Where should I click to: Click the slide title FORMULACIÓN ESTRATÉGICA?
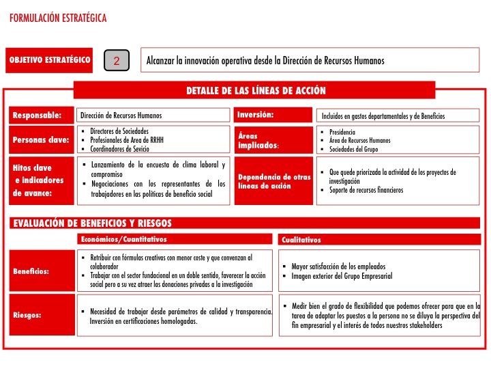pos(59,18)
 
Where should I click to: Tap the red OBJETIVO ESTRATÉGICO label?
pos(50,60)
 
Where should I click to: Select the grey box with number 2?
pos(117,61)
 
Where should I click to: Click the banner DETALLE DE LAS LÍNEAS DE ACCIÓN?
pos(256,90)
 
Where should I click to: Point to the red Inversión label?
pos(256,115)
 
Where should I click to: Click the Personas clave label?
pos(41,140)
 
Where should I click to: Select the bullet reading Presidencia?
pos(342,132)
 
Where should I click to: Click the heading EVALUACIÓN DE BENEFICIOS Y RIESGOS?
pos(92,223)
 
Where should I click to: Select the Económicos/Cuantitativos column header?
pos(123,239)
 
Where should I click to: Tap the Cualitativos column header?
pos(301,240)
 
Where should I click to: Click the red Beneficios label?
pos(31,271)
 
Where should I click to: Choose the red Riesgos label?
pos(28,315)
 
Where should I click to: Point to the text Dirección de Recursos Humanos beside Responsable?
pos(121,115)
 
